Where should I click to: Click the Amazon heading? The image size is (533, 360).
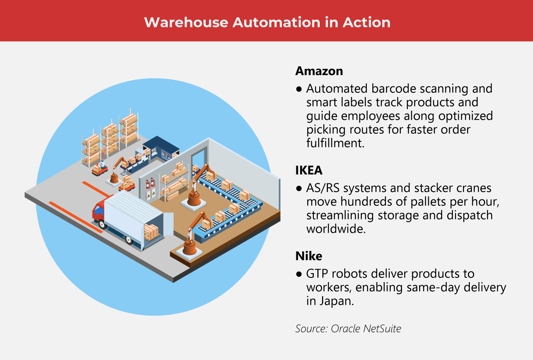[319, 71]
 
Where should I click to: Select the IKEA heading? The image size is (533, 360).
[309, 170]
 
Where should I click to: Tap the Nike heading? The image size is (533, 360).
[309, 256]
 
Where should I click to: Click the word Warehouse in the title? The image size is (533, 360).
[186, 22]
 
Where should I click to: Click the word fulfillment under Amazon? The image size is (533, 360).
[335, 143]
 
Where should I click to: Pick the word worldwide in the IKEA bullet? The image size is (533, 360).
[336, 229]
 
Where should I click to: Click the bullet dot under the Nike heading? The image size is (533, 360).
[299, 274]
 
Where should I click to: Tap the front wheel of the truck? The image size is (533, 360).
[103, 224]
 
